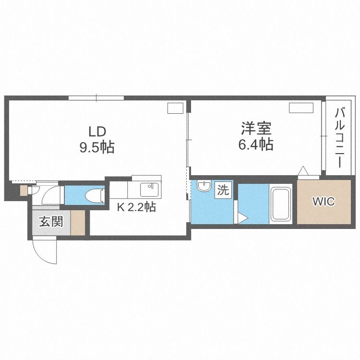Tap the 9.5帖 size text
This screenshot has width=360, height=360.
[96, 147]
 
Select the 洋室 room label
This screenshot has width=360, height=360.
[256, 128]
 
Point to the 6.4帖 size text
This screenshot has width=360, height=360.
[256, 144]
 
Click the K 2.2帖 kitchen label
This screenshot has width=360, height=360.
[137, 207]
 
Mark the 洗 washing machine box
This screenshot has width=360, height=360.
[223, 190]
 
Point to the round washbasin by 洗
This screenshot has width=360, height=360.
[204, 186]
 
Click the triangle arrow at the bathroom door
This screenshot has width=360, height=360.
[242, 218]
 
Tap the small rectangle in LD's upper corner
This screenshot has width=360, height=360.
[175, 108]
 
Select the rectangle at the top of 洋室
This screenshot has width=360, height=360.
[301, 108]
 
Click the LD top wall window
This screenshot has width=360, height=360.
[96, 98]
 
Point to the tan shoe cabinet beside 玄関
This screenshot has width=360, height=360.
[78, 222]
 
